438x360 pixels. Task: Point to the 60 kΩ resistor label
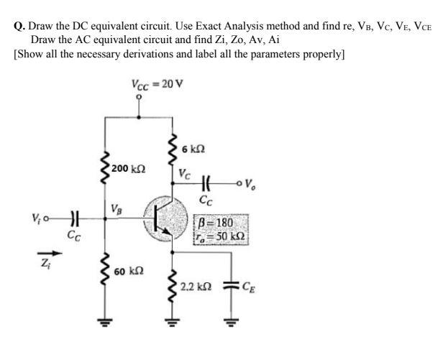pos(129,272)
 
